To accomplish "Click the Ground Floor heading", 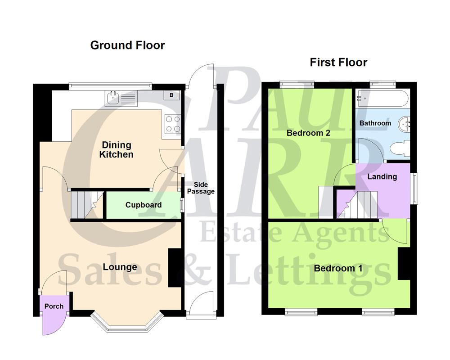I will click(127, 45).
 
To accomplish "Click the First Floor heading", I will click(338, 63).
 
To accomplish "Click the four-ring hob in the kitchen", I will click(173, 124).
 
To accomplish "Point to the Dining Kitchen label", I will click(116, 150).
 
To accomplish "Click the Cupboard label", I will click(143, 205).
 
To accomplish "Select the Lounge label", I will click(120, 267).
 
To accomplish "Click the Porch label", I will click(54, 306).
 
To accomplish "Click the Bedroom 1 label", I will click(338, 269).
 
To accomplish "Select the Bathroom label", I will click(375, 123).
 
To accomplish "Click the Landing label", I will click(382, 177).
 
